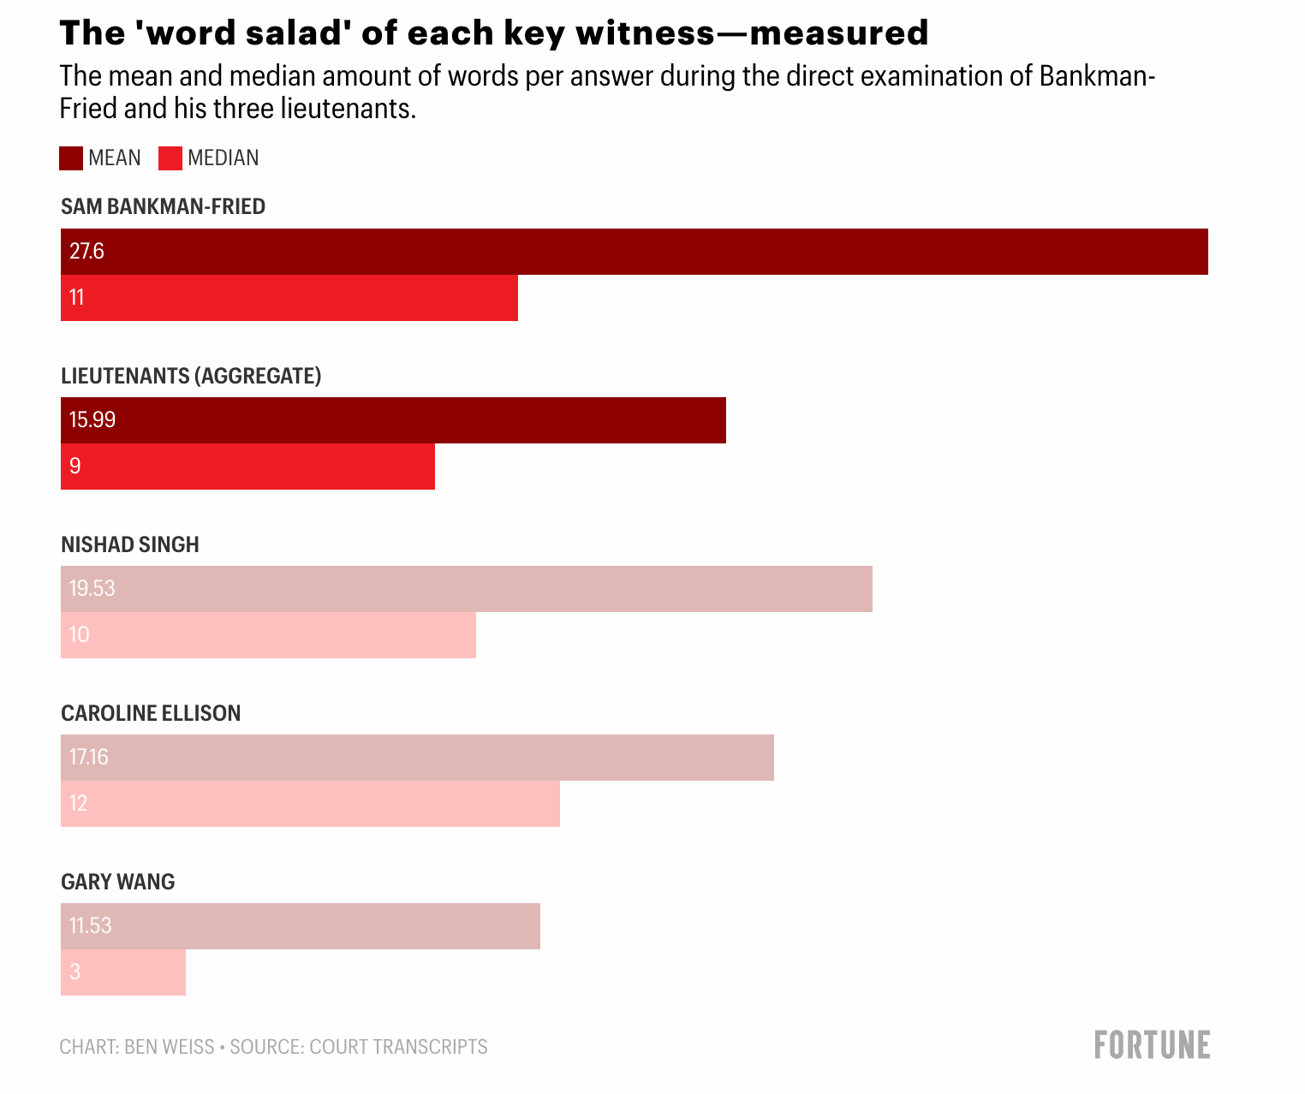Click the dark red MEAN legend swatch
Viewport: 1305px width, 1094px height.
pyautogui.click(x=70, y=158)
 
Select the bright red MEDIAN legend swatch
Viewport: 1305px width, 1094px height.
pyautogui.click(x=170, y=158)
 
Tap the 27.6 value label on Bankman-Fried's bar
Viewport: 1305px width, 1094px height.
pyautogui.click(x=86, y=251)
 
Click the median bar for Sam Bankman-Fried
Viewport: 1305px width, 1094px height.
pyautogui.click(x=289, y=298)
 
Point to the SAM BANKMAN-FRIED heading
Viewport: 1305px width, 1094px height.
pyautogui.click(x=163, y=206)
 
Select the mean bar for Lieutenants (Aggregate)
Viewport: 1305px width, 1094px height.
pyautogui.click(x=393, y=420)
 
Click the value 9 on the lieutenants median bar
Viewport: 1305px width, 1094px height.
pyautogui.click(x=75, y=466)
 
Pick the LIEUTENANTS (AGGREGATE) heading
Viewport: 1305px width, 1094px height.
pyautogui.click(x=191, y=376)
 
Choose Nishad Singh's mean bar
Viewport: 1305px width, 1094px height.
pyautogui.click(x=466, y=589)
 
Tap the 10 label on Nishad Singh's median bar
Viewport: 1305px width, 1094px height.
pyautogui.click(x=80, y=635)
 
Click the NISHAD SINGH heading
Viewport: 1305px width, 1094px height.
pyautogui.click(x=130, y=544)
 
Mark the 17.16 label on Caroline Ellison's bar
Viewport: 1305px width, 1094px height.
pyautogui.click(x=88, y=758)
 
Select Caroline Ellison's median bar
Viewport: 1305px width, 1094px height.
pyautogui.click(x=310, y=804)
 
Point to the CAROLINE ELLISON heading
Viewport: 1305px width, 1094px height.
pyautogui.click(x=151, y=713)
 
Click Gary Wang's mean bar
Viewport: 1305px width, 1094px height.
pyautogui.click(x=300, y=926)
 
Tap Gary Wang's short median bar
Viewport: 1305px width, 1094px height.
pyautogui.click(x=123, y=972)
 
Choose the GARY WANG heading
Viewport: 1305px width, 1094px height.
pyautogui.click(x=117, y=882)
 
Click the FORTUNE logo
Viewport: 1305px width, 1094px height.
pyautogui.click(x=1152, y=1045)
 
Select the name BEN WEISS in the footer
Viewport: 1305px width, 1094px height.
pyautogui.click(x=169, y=1047)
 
